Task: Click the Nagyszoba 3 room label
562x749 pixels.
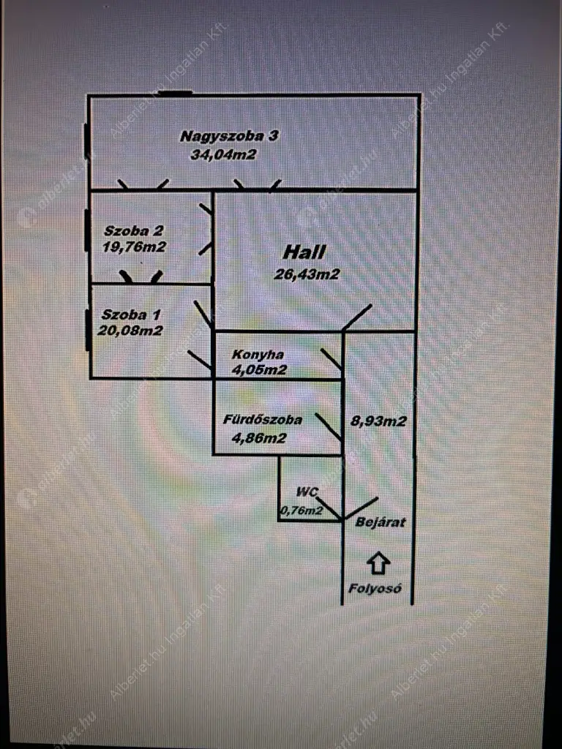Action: tap(230, 136)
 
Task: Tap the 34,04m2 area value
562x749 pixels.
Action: tap(223, 154)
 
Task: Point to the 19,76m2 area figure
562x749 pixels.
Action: tap(135, 247)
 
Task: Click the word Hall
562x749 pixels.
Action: tap(304, 253)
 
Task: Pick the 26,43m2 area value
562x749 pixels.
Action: tap(307, 274)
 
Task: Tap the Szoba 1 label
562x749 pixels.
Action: tap(132, 315)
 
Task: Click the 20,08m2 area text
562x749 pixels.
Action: tap(130, 331)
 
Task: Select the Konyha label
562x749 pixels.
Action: tap(258, 355)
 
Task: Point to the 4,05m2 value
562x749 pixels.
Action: tap(259, 370)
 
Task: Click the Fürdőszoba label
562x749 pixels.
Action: tap(263, 421)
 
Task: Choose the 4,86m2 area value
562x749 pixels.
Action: tap(259, 439)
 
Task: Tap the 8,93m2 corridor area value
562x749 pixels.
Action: tap(379, 421)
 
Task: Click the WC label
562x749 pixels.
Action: tap(307, 492)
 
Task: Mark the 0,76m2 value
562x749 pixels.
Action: tap(301, 511)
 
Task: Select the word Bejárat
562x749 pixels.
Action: tap(381, 523)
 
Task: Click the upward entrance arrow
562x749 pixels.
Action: tap(378, 562)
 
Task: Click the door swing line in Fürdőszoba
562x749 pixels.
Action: tap(329, 427)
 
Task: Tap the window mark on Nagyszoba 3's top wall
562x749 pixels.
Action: tap(174, 94)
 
